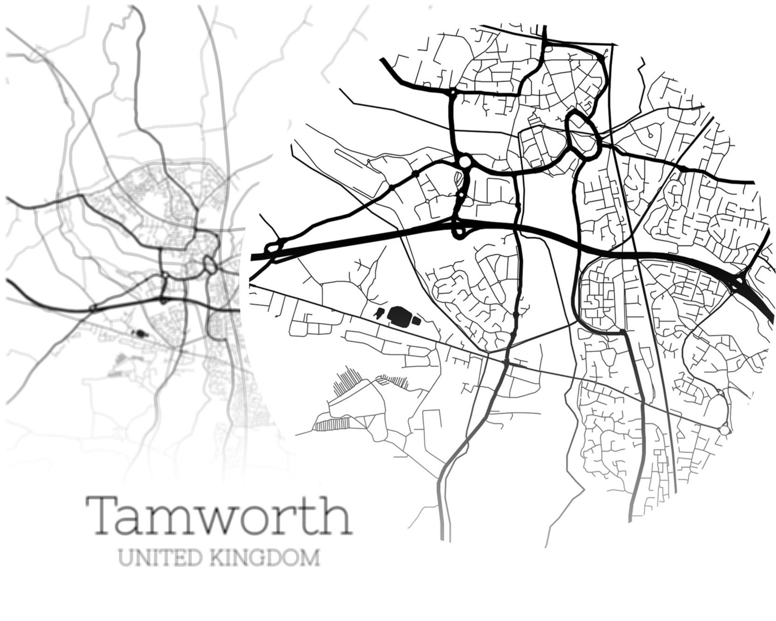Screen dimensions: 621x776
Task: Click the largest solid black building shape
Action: click(399, 315)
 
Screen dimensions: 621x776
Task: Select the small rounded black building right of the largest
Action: click(416, 320)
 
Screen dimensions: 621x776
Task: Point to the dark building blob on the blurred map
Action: click(141, 334)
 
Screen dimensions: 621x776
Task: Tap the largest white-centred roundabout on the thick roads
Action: click(464, 161)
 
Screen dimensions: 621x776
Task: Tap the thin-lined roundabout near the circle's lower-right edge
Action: click(724, 429)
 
